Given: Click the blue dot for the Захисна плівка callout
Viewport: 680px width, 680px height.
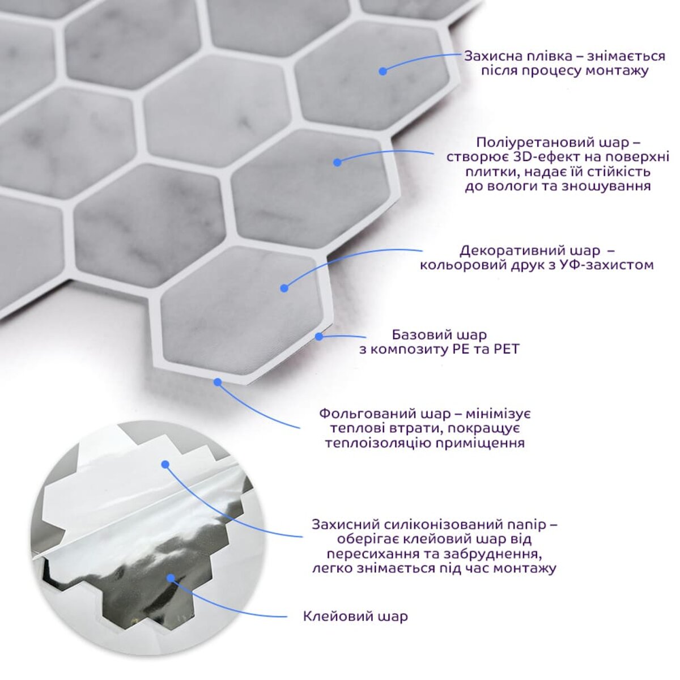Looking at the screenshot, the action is [383, 71].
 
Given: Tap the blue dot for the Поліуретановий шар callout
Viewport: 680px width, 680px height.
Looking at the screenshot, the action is [337, 162].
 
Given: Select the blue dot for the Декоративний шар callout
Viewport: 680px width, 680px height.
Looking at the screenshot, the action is [284, 288].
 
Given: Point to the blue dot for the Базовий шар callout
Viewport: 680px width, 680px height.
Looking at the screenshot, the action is [319, 337].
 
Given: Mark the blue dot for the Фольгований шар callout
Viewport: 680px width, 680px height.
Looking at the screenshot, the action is [218, 382].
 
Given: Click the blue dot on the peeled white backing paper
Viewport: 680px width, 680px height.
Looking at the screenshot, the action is [165, 464].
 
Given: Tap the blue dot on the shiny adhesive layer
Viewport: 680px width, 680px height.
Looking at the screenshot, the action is [171, 578].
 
